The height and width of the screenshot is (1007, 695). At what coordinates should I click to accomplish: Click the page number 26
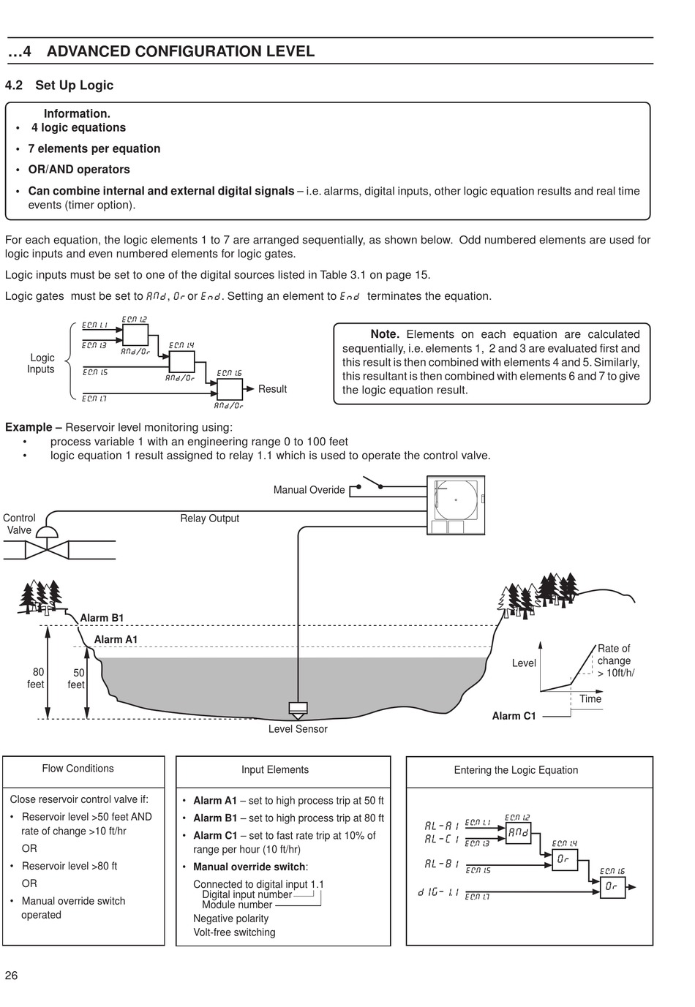click(x=11, y=976)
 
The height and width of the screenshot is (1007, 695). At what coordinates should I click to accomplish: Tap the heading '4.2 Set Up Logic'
click(x=59, y=85)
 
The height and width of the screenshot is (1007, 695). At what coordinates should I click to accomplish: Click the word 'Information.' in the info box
click(x=77, y=113)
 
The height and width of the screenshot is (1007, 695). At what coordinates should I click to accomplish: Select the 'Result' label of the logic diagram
click(x=272, y=389)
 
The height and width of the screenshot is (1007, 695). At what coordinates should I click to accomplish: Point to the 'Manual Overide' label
click(x=309, y=490)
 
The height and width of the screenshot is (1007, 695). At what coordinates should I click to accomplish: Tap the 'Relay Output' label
click(x=209, y=518)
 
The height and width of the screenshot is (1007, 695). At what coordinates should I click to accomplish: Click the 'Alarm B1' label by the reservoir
click(x=102, y=618)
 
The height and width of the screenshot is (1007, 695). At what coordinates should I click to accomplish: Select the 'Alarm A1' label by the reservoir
click(x=116, y=639)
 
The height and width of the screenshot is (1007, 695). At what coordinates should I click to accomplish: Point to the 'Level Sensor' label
click(x=298, y=729)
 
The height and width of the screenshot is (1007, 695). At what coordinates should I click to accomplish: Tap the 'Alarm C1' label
click(x=514, y=716)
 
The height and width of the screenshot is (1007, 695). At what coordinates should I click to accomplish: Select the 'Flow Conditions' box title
click(x=78, y=769)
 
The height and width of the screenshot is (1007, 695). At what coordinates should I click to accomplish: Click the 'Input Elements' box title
click(x=275, y=769)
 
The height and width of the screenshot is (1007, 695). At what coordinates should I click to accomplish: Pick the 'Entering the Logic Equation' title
click(x=516, y=770)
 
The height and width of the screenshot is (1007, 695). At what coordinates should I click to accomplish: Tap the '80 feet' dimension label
click(x=37, y=678)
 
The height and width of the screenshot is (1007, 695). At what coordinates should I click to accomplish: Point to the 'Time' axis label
click(x=590, y=698)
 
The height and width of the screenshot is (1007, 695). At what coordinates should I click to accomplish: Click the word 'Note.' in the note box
click(x=385, y=334)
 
